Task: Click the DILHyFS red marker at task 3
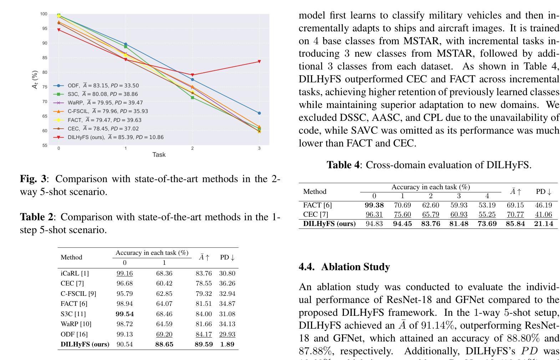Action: tap(259, 61)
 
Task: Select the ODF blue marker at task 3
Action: tap(259, 113)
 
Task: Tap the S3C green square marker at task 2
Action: tap(193, 97)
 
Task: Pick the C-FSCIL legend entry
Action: tap(101, 111)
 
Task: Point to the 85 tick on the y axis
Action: tap(45, 58)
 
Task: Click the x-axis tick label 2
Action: tap(192, 148)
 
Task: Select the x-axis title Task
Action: tap(159, 155)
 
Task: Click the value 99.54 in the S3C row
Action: tap(124, 314)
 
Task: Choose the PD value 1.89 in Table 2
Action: tap(227, 344)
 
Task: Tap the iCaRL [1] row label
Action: tap(75, 273)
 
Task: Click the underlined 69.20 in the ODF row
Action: tap(164, 334)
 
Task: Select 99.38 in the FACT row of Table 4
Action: tap(374, 205)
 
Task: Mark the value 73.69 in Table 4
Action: tap(487, 223)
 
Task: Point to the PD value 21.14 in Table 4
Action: tap(544, 223)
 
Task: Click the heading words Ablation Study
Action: tap(356, 267)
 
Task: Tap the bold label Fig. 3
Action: tap(33, 179)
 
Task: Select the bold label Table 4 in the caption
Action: tap(343, 165)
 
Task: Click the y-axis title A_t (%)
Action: tap(35, 79)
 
